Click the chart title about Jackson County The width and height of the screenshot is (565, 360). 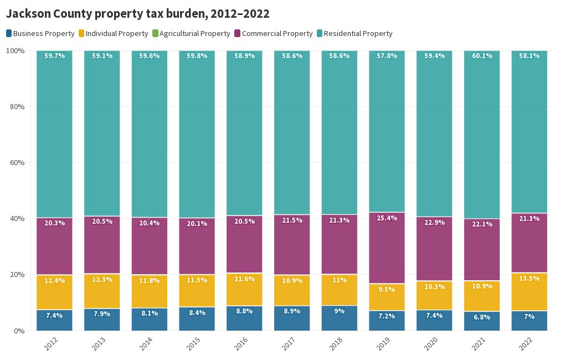pos(137,14)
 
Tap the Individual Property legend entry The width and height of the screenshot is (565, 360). pos(114,33)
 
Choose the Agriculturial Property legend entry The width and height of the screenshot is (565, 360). pos(191,33)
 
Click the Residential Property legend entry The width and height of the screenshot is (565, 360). pos(354,33)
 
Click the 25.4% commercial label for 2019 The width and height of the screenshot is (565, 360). pos(387,218)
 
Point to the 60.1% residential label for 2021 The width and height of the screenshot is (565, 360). pos(481,56)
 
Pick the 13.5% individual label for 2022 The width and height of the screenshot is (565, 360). pos(529,279)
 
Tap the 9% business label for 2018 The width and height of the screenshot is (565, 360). pos(339,311)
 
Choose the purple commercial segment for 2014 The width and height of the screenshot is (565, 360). pos(150,249)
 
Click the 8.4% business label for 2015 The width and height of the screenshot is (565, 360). pos(197,313)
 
